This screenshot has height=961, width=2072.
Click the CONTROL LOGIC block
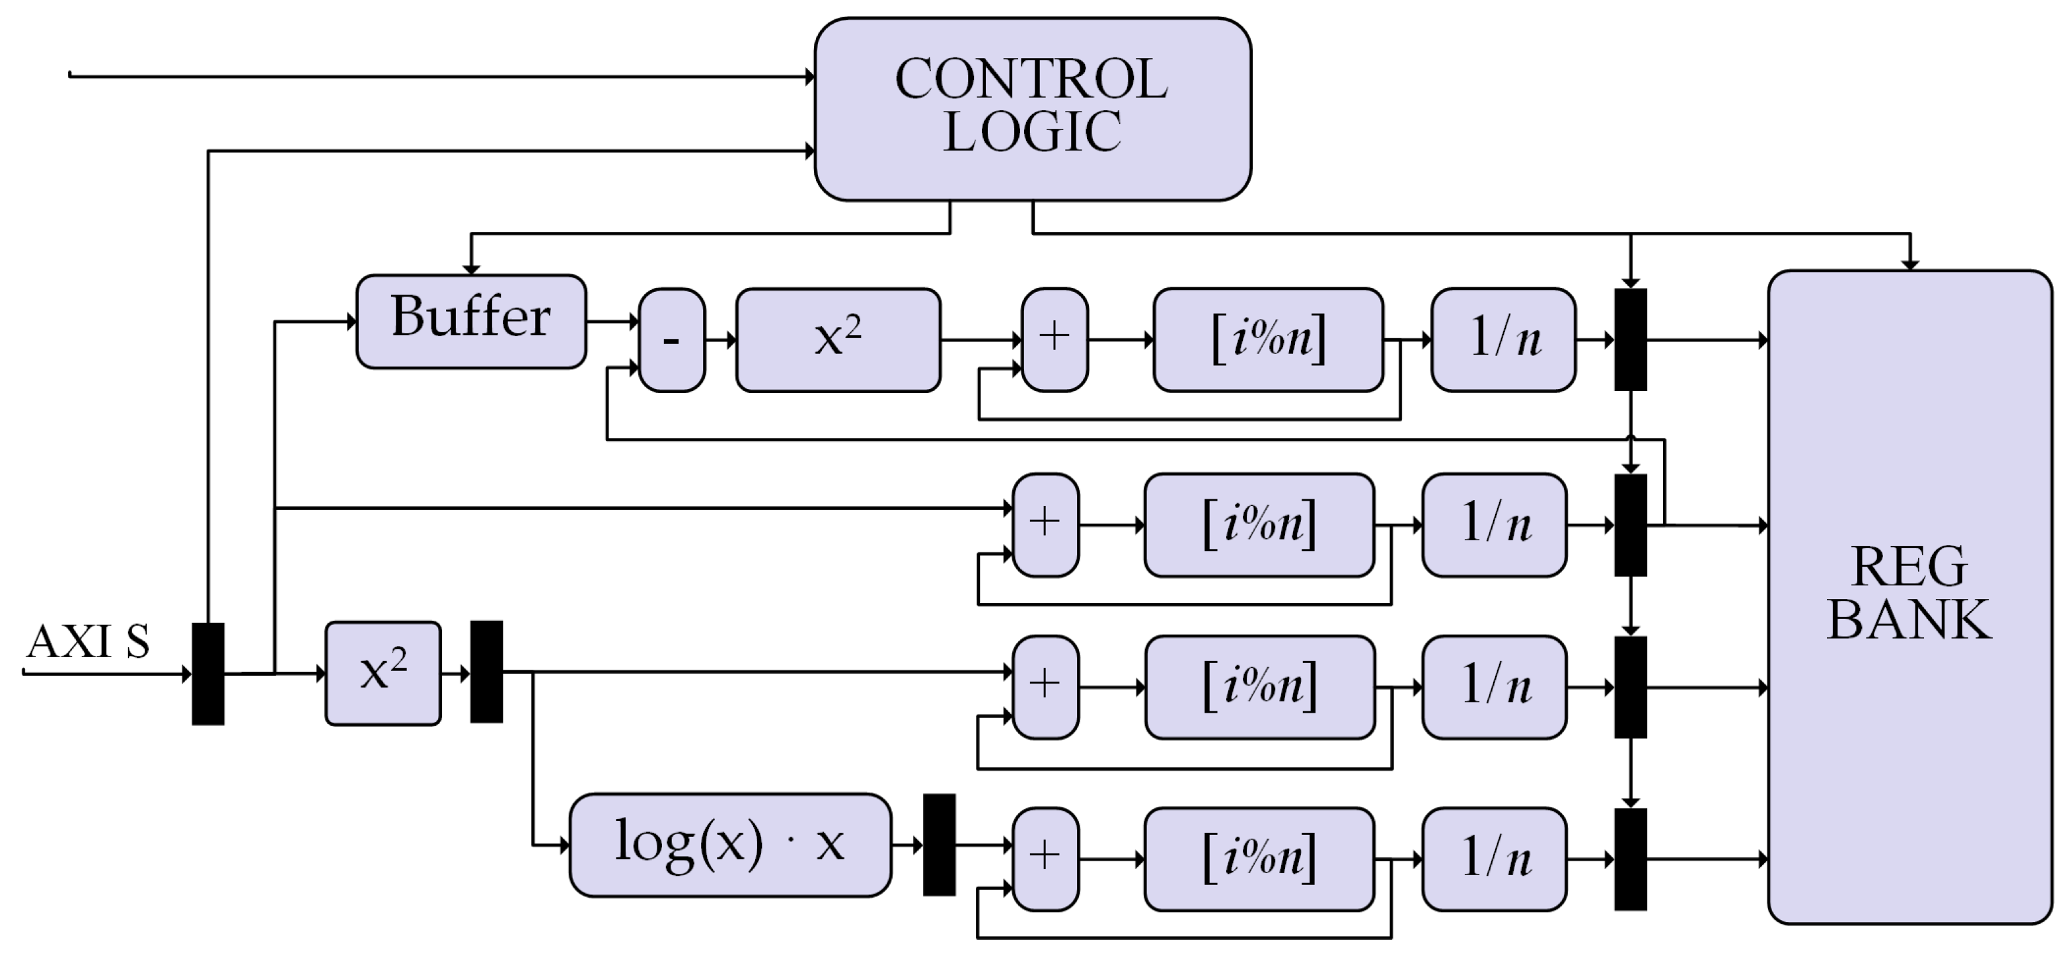[x=1033, y=108]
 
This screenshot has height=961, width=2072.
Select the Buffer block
[x=471, y=321]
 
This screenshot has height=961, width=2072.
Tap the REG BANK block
[x=1909, y=596]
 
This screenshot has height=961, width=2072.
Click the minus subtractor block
[x=672, y=340]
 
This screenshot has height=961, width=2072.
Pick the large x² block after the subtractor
[x=838, y=340]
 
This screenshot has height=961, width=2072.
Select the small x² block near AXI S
[x=383, y=673]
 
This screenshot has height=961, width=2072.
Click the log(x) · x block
[x=729, y=844]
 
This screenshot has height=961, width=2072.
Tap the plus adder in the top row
[x=1054, y=340]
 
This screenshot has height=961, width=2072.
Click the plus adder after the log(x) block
[x=1045, y=859]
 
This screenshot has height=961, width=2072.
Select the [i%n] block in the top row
[x=1268, y=340]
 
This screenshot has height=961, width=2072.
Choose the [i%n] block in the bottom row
[x=1259, y=859]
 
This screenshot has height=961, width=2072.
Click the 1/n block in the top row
[x=1502, y=340]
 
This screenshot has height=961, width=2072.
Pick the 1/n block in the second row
[x=1494, y=524]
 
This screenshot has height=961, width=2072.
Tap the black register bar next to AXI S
[x=207, y=674]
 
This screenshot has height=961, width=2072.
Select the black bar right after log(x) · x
[x=939, y=844]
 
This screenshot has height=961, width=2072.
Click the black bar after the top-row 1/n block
[x=1631, y=340]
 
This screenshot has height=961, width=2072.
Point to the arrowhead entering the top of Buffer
[x=471, y=269]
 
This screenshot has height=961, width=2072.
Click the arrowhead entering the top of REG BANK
[x=1909, y=265]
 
